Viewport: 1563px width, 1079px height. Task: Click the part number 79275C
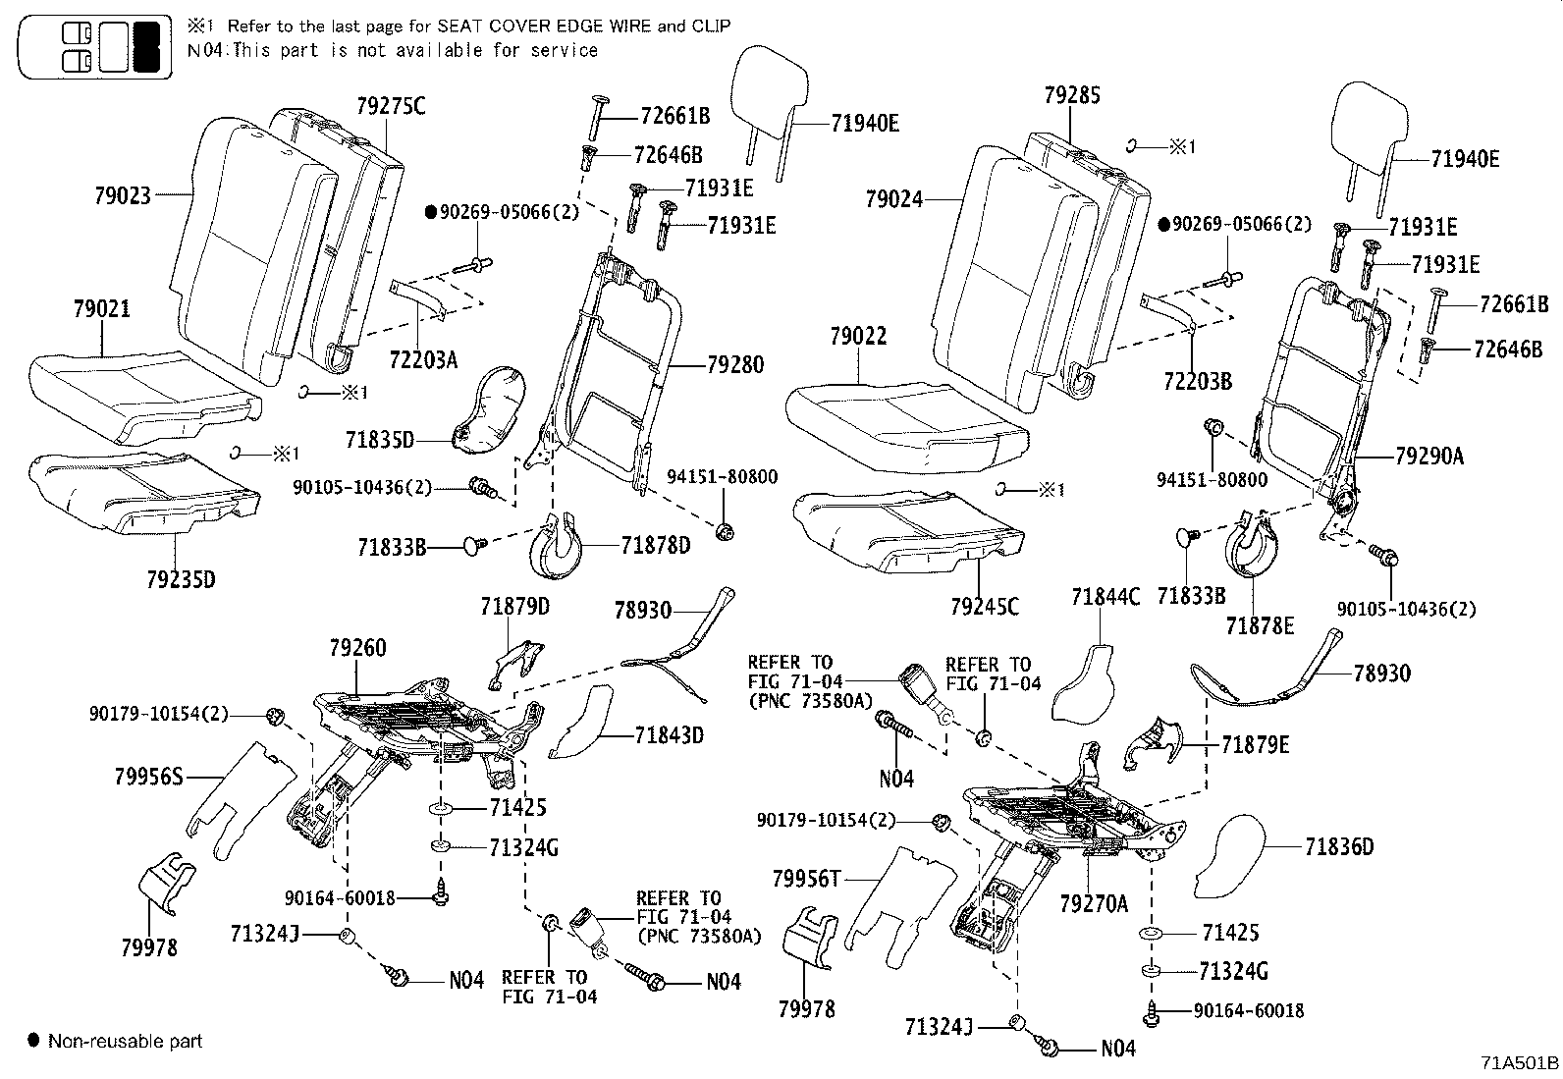[391, 106]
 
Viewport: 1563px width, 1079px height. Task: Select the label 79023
[123, 195]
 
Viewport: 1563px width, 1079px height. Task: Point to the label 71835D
[379, 439]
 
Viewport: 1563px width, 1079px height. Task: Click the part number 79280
[735, 364]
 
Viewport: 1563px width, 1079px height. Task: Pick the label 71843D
[669, 734]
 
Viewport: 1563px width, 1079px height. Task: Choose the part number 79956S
[147, 778]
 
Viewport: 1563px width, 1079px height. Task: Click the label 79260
[357, 648]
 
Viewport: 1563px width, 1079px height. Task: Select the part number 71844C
[1105, 596]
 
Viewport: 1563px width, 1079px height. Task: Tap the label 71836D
[1339, 846]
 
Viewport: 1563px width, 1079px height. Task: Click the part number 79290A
[1429, 456]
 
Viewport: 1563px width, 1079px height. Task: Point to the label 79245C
[985, 608]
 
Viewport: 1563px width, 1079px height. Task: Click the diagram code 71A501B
[1520, 1062]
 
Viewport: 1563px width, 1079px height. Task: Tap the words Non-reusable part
[125, 1041]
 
